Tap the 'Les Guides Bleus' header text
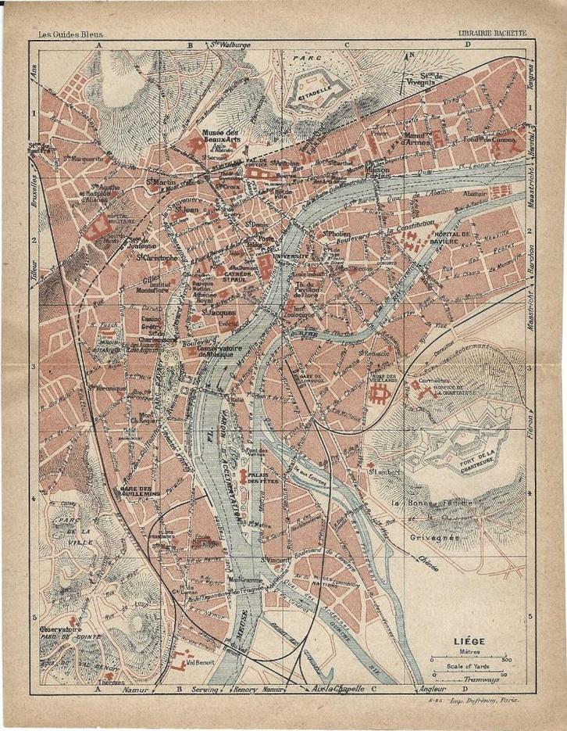coord(70,34)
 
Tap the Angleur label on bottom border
coord(432,689)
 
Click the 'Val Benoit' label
coord(201,664)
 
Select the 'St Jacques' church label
coord(212,312)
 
